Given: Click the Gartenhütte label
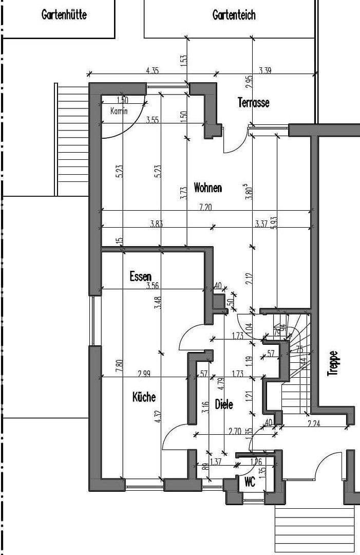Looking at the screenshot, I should (64, 15).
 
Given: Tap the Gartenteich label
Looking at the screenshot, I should (234, 15).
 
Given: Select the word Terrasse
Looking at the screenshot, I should (253, 102).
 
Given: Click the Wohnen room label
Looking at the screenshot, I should (207, 188).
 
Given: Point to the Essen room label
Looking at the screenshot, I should (140, 276).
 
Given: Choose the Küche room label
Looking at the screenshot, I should (144, 397).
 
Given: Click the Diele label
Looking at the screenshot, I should (224, 404).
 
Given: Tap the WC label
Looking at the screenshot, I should (250, 482).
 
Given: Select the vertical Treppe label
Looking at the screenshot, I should (333, 363).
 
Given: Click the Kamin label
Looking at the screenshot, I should (119, 110).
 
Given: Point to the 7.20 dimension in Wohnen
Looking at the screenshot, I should (205, 207).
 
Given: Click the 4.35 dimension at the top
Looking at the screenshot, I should (153, 70).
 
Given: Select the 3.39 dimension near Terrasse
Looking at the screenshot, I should (265, 70).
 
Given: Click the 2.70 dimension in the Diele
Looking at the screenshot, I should (235, 432).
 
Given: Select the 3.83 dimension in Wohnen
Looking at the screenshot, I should (157, 224).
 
